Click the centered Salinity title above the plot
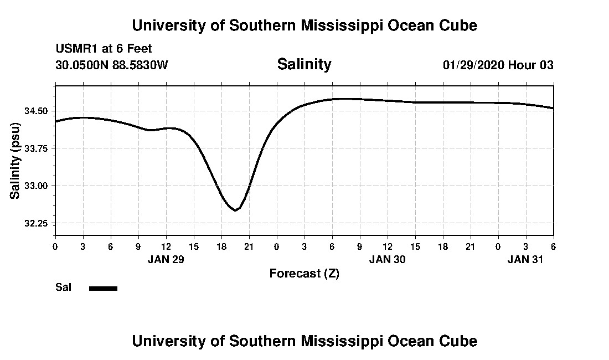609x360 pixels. (x=304, y=64)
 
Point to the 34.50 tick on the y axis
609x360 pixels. (x=36, y=111)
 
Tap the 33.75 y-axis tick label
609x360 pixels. (x=36, y=148)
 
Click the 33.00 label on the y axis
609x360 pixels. (x=36, y=186)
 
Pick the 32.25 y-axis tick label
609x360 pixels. (x=36, y=223)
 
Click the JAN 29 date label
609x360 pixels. (x=166, y=259)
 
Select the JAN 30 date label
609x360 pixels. (x=388, y=259)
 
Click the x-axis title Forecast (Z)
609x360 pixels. (x=304, y=274)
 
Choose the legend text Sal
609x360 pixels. (x=63, y=287)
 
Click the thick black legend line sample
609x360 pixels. (x=103, y=288)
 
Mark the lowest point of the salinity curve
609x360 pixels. (x=235, y=210)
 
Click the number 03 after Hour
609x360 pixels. (x=546, y=65)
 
